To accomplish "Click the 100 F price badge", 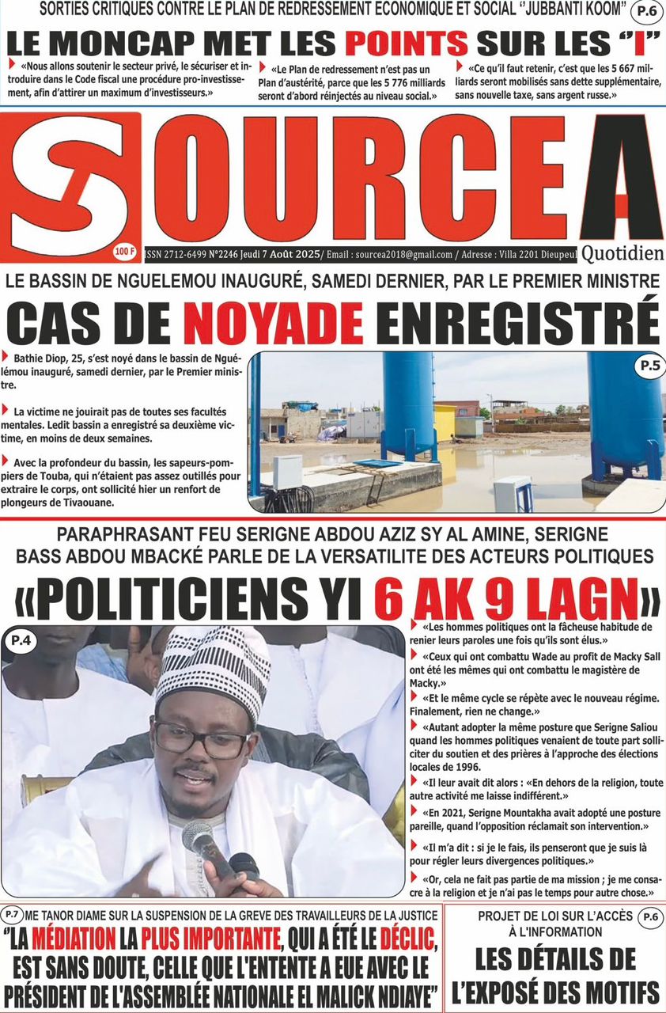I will pyautogui.click(x=124, y=252).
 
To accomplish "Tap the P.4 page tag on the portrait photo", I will pyautogui.click(x=22, y=640).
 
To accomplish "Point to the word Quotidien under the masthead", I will pyautogui.click(x=622, y=254).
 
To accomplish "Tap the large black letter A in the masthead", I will pyautogui.click(x=621, y=182).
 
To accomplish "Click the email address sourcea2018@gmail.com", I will pyautogui.click(x=403, y=255).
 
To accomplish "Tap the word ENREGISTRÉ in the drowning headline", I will pyautogui.click(x=517, y=323).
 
